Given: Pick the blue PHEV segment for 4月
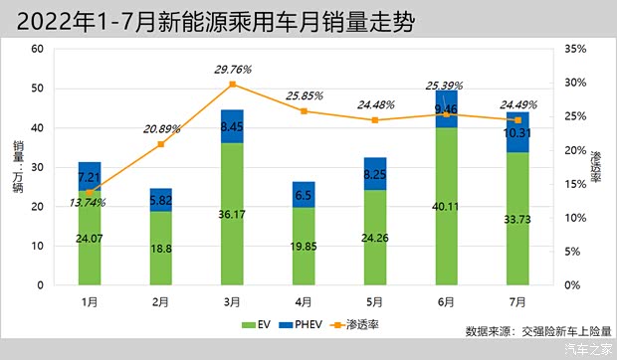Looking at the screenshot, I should click(x=304, y=195).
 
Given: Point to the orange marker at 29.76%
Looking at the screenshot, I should click(x=232, y=84).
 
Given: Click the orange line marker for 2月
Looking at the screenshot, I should click(x=161, y=144).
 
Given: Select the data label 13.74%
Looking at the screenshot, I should click(x=90, y=203).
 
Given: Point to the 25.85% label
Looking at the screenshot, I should click(x=304, y=95).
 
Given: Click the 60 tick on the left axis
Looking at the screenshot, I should click(x=38, y=49).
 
